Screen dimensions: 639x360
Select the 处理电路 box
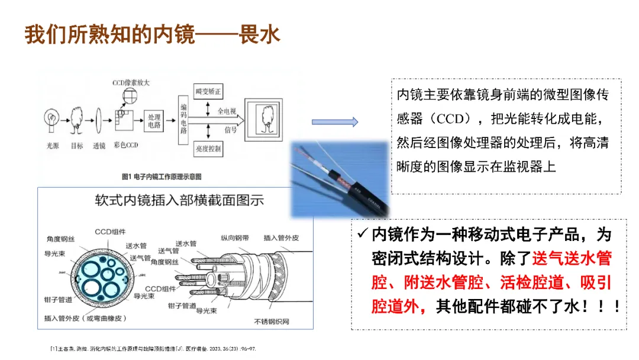click(x=154, y=121)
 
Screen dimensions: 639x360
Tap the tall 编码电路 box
click(x=183, y=120)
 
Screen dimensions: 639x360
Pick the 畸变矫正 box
click(x=208, y=92)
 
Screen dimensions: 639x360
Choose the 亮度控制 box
click(x=208, y=149)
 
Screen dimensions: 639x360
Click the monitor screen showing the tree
click(x=264, y=119)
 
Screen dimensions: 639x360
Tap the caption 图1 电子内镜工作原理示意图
click(x=162, y=176)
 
